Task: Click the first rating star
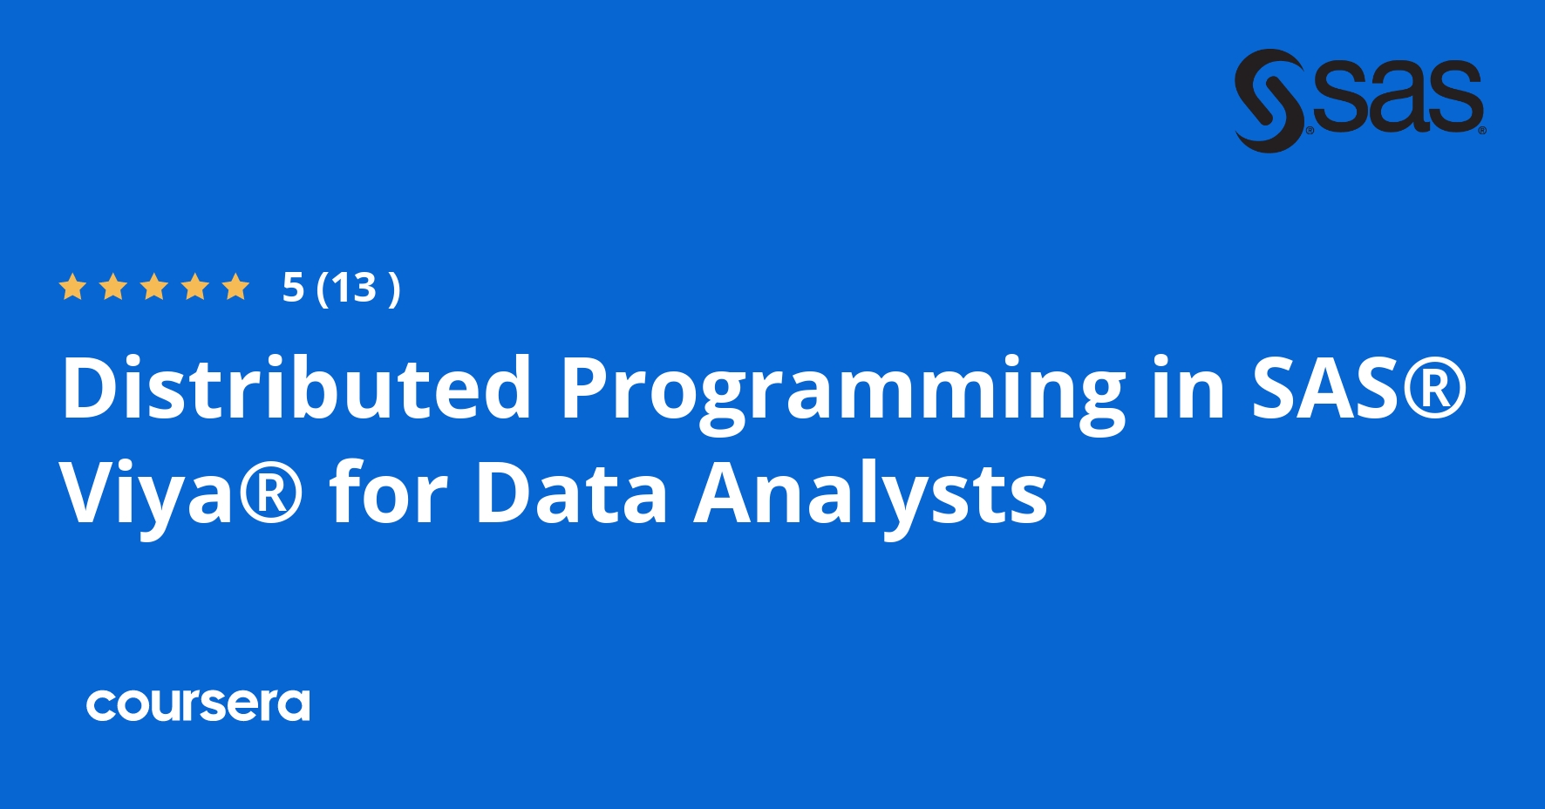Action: click(x=72, y=287)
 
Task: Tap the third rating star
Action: click(x=154, y=287)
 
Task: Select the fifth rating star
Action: click(x=235, y=287)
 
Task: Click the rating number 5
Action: click(x=293, y=288)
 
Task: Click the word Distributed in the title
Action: click(x=296, y=387)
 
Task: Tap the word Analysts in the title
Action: click(x=870, y=498)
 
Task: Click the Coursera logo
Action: click(x=198, y=705)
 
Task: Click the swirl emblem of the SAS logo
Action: click(x=1269, y=100)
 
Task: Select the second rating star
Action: click(x=113, y=287)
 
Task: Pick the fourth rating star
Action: click(x=195, y=287)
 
